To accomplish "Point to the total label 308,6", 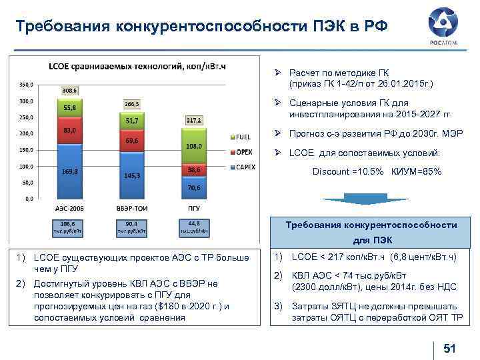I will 69,90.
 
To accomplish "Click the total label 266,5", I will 131,104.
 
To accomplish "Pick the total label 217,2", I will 193,120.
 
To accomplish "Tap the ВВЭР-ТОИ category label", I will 131,209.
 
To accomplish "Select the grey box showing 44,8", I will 194,227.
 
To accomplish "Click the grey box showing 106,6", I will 69,227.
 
